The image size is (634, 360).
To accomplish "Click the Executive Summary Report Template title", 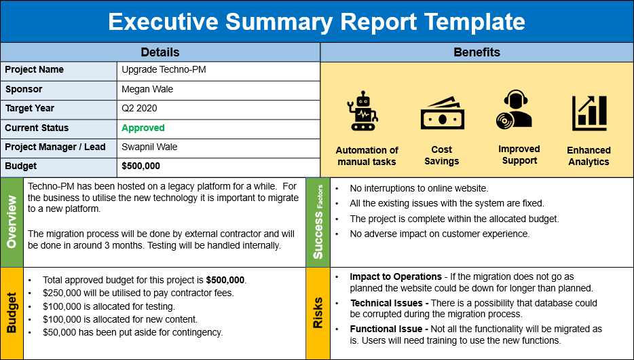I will [x=316, y=22].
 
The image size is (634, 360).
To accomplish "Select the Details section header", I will [x=160, y=52].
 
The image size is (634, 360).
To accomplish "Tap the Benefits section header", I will [x=477, y=52].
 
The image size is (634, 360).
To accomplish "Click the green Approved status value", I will [x=143, y=128].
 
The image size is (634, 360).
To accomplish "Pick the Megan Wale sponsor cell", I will [x=147, y=89].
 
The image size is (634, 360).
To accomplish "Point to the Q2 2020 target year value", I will [x=139, y=108].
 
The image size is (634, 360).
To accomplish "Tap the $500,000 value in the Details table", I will [x=141, y=166].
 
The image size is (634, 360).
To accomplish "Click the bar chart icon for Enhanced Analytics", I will [x=589, y=113].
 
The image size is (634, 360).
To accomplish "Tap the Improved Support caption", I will [x=519, y=155].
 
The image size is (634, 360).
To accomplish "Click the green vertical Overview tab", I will [x=12, y=223].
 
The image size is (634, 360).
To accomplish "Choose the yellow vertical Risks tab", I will [x=317, y=313].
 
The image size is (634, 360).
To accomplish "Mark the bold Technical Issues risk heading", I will [x=388, y=303].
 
